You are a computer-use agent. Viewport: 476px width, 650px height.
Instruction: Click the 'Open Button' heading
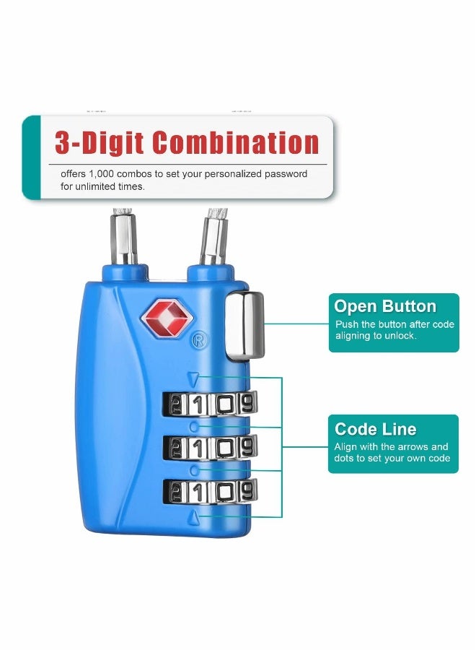[x=385, y=306]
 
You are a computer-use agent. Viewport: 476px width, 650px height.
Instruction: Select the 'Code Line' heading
[x=375, y=428]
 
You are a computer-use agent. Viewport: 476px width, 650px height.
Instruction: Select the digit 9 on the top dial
[x=247, y=402]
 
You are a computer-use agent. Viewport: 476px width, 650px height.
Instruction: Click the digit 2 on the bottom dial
[x=177, y=493]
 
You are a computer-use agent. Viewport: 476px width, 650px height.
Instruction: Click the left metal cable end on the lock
[x=123, y=238]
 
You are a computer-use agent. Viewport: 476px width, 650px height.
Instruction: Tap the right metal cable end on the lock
[x=212, y=238]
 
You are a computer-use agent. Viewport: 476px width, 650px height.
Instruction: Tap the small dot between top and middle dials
[x=194, y=426]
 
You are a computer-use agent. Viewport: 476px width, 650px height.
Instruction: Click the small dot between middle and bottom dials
[x=194, y=470]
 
